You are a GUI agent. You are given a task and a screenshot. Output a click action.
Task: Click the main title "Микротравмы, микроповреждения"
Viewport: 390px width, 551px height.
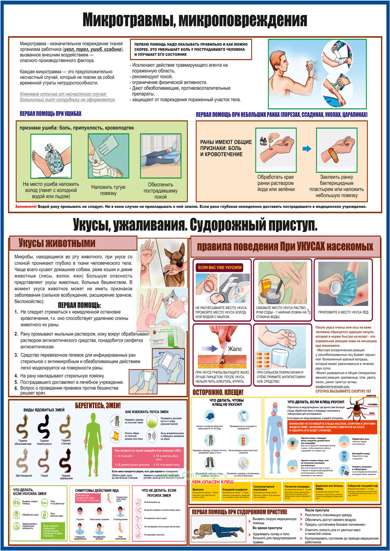click(195, 20)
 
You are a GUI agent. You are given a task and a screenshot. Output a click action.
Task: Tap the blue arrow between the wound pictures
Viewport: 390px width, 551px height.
click(307, 149)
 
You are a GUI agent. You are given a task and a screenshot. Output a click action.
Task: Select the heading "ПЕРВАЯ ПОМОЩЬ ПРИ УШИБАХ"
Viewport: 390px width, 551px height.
click(50, 114)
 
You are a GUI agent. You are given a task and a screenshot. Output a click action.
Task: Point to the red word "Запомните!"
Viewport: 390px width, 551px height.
click(26, 207)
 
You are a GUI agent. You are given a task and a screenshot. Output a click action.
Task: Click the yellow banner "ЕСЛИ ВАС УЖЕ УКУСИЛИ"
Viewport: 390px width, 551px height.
click(220, 267)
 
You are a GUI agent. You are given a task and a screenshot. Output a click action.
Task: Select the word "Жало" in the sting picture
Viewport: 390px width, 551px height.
click(235, 349)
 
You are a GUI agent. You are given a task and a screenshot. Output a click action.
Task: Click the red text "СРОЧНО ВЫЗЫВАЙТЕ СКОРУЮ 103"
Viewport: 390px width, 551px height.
click(343, 391)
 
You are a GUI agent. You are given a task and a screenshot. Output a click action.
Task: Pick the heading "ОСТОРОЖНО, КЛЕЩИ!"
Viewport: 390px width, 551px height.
click(218, 393)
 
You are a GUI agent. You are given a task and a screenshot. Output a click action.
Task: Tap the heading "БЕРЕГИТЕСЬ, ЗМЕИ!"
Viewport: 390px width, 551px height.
click(98, 406)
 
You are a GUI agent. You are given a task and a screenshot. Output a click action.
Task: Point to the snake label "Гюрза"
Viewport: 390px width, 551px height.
click(44, 475)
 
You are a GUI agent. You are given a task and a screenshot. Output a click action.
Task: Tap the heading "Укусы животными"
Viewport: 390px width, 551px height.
click(57, 243)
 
